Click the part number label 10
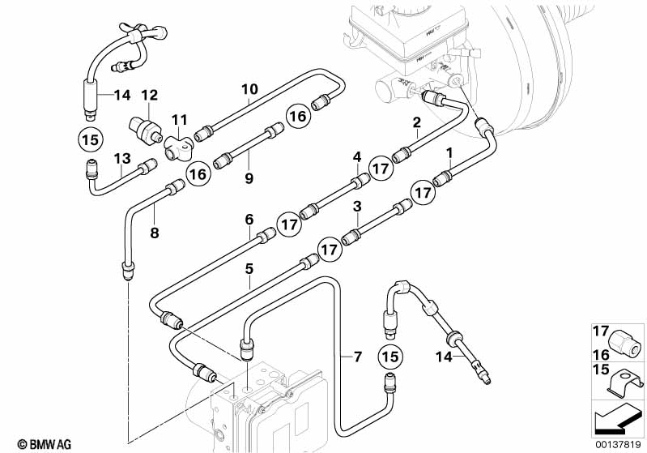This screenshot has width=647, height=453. (x=249, y=89)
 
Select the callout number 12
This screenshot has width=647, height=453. (x=149, y=96)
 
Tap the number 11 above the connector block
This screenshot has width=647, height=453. (x=179, y=120)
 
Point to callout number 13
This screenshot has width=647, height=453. (x=122, y=159)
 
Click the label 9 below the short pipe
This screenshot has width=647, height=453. (x=249, y=178)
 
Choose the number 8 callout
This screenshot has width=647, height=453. (x=155, y=233)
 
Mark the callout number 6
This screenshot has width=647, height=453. (x=249, y=220)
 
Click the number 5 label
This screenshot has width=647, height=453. (x=249, y=269)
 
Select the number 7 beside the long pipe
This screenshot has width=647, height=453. (x=357, y=357)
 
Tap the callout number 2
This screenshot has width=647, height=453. (x=417, y=122)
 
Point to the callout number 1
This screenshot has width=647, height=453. (x=449, y=153)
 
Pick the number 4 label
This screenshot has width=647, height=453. (x=357, y=157)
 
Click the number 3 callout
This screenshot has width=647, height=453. (x=357, y=207)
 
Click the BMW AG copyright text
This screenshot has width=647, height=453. (x=45, y=444)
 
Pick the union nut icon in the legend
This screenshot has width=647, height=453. (x=624, y=342)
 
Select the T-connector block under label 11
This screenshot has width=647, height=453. (x=179, y=148)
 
